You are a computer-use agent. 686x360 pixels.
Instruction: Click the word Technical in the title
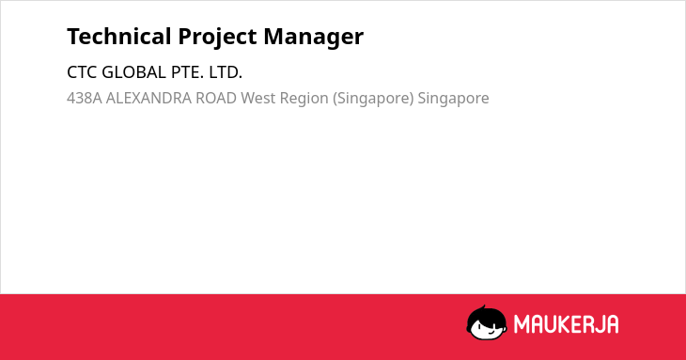119,37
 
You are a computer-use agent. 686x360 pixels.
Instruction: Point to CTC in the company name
82,72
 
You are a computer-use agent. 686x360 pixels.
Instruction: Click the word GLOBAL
133,72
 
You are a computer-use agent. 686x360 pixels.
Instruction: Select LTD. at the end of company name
226,72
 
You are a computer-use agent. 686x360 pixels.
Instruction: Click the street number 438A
85,98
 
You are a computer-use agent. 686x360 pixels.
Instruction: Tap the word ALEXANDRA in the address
148,98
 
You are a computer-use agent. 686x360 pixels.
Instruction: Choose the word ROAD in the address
216,98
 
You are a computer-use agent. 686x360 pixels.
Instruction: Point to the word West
258,98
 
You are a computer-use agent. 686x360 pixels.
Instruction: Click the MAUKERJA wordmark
566,324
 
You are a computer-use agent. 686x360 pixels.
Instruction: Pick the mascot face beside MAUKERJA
487,323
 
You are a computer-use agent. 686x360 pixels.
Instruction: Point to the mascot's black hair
486,315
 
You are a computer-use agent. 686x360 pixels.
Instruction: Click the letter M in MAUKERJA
521,324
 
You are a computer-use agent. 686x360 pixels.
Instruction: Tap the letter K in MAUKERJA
567,324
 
